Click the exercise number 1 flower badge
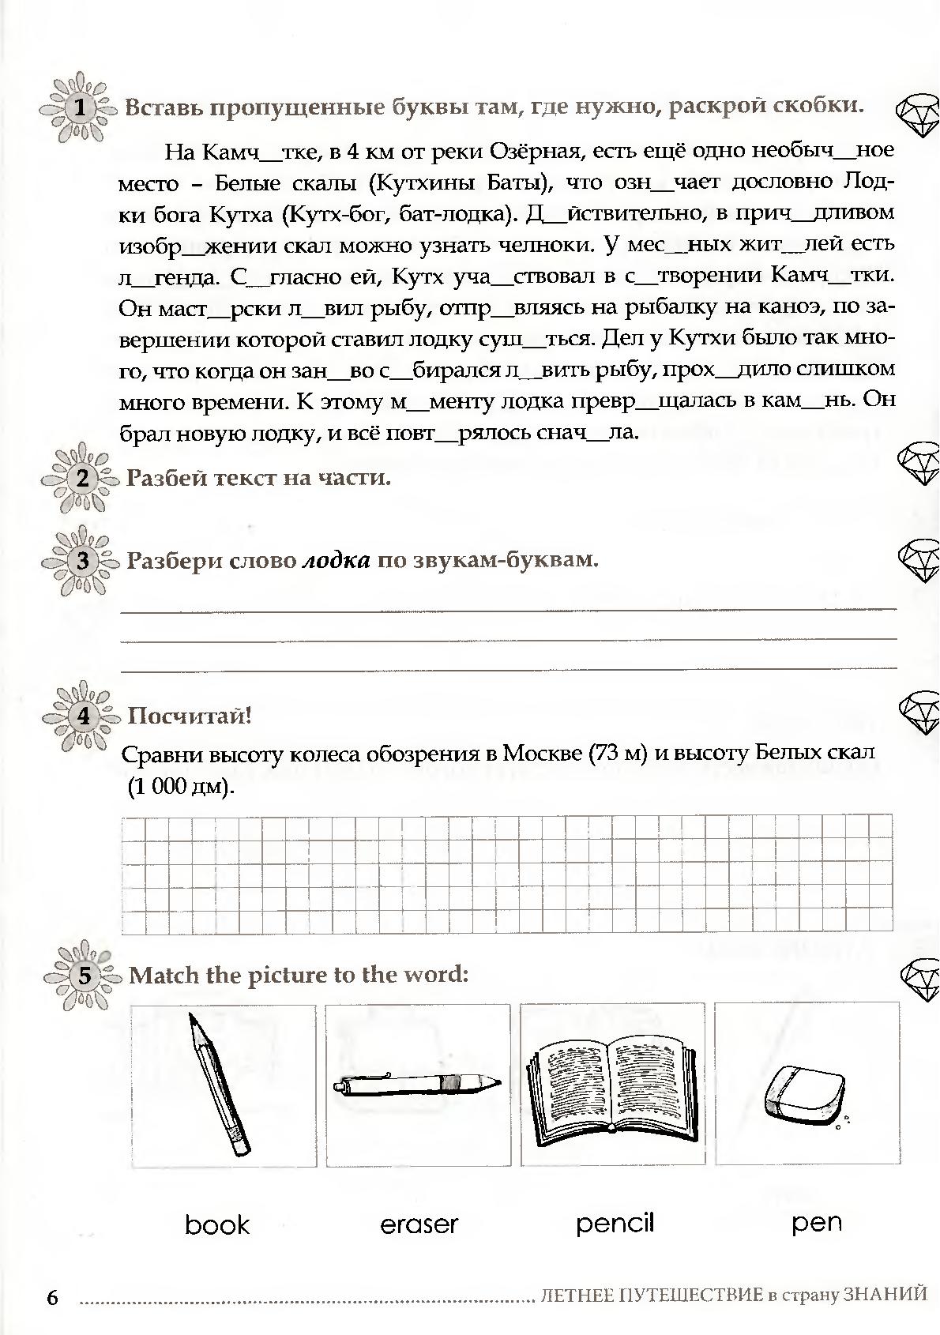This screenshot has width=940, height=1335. point(79,108)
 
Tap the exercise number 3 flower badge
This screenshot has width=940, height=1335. point(83,561)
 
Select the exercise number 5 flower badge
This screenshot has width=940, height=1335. point(85,976)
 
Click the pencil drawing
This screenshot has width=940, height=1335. point(219,1084)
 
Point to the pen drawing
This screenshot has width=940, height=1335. point(417,1083)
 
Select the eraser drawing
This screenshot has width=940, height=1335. point(804,1094)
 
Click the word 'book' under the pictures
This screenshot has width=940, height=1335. point(217,1225)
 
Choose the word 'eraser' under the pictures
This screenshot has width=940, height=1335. point(419,1225)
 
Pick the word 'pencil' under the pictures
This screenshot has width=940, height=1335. point(615,1224)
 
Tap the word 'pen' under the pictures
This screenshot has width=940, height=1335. point(817,1224)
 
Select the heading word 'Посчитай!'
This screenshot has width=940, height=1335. point(190,716)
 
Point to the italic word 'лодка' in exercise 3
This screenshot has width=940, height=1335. point(337,561)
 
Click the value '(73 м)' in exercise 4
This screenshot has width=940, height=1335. point(619,753)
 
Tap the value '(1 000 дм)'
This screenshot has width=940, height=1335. point(179,787)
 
